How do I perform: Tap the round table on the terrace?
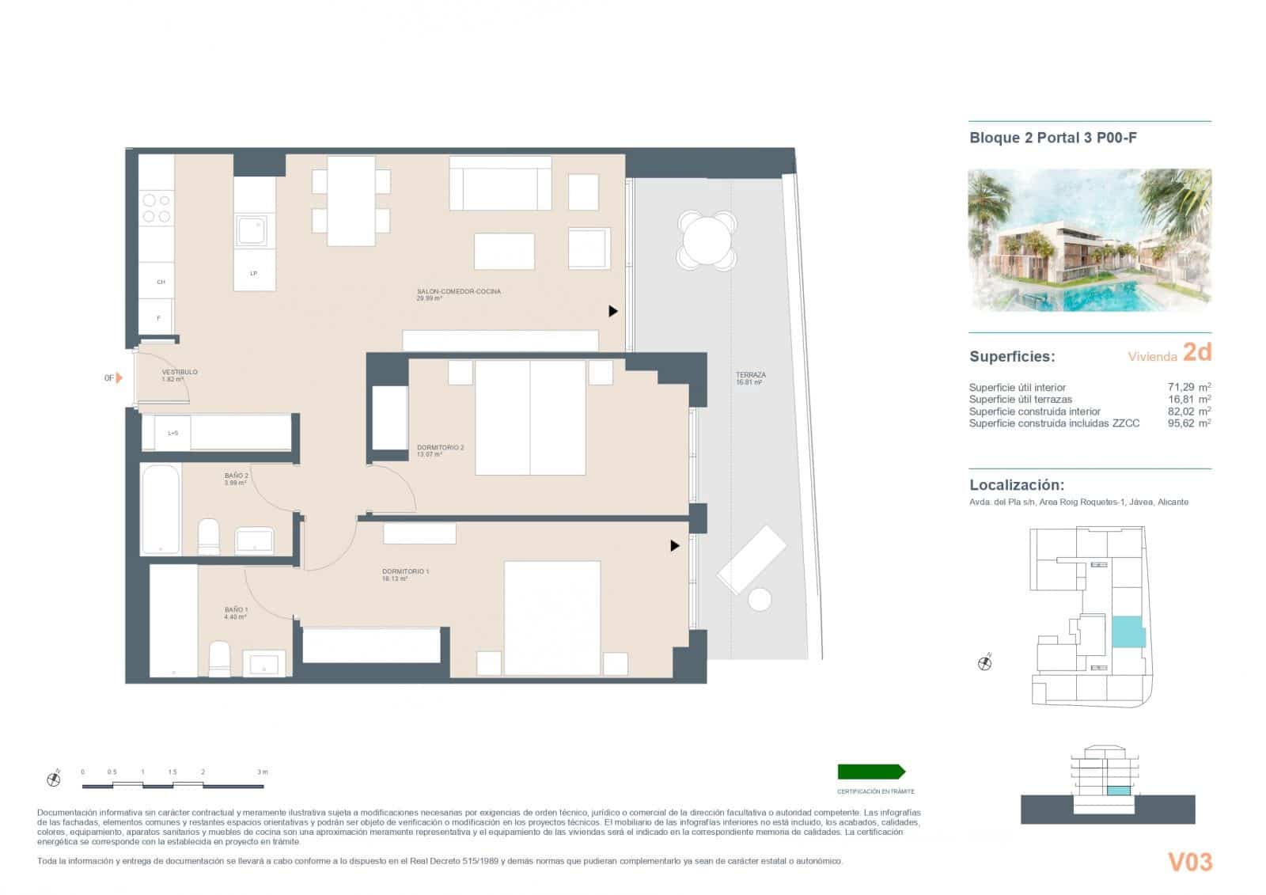click(707, 241)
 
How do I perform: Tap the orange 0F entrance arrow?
click(119, 378)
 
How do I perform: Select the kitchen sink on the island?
click(253, 230)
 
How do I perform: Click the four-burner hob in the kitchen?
click(156, 208)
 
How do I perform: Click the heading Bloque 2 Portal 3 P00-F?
click(1053, 138)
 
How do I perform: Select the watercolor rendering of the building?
click(1090, 240)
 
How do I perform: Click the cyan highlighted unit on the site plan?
click(1128, 631)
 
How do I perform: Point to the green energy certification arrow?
click(870, 772)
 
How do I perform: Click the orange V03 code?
click(1189, 862)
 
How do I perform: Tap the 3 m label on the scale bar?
click(262, 772)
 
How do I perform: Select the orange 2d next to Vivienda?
click(1196, 352)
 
